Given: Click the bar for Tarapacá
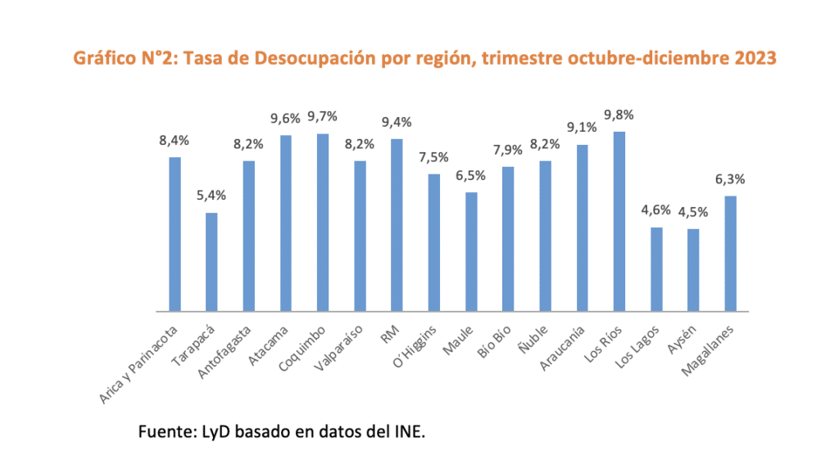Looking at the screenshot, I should tap(211, 262).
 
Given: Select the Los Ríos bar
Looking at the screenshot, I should tap(619, 222).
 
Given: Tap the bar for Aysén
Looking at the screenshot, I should tap(693, 270).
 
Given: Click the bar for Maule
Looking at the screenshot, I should tap(471, 252).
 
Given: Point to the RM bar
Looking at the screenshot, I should tap(397, 225).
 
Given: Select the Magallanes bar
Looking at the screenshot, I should tap(731, 254).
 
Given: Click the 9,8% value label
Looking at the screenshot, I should tap(619, 115).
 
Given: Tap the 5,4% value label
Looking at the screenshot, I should tap(211, 196).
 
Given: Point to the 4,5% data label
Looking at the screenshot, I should tap(693, 212).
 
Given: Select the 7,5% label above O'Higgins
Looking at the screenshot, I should tap(434, 157).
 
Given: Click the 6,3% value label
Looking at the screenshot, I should tap(731, 179).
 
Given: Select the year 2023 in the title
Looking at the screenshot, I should tap(754, 58).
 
